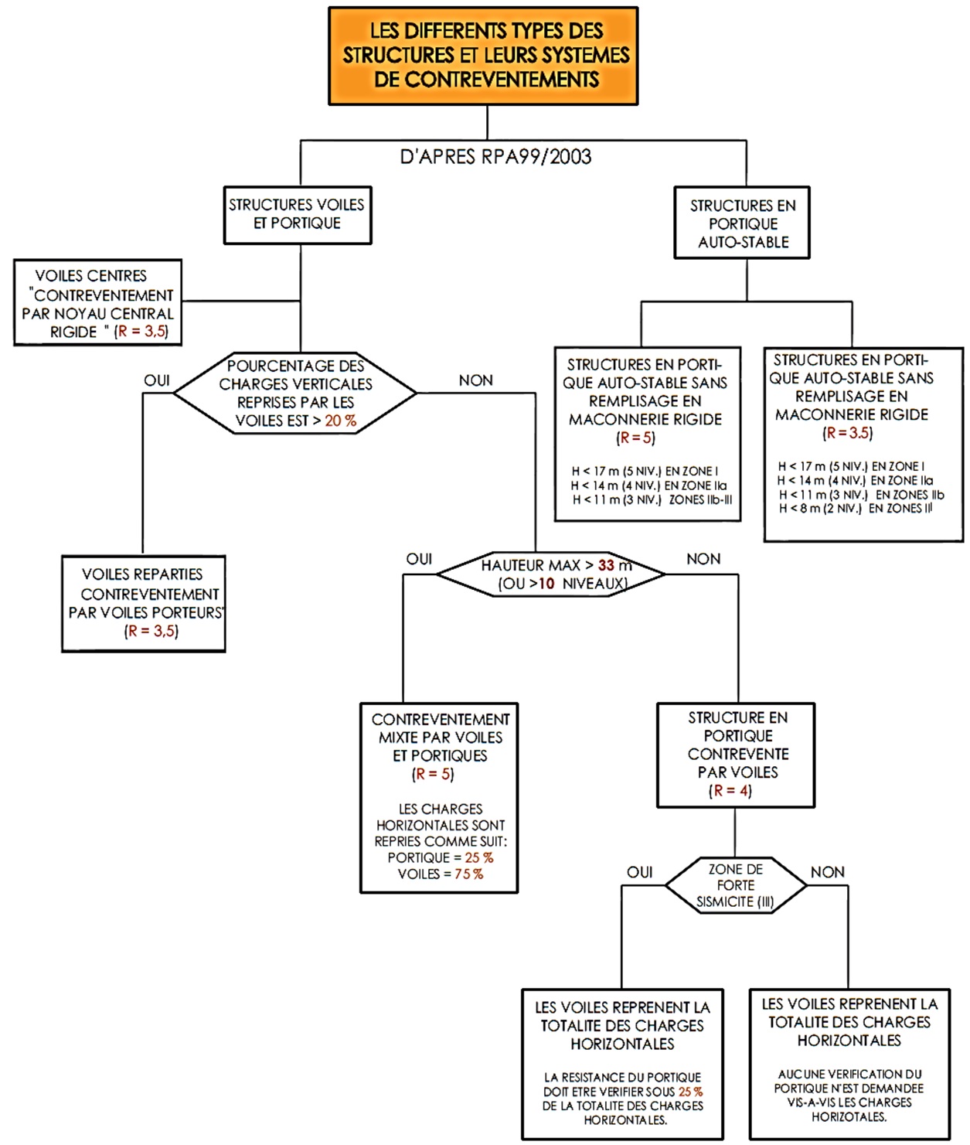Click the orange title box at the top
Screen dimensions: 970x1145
(x=483, y=56)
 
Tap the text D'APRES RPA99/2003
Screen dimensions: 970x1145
(x=495, y=157)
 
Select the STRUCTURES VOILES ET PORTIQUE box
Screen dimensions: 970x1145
(x=298, y=215)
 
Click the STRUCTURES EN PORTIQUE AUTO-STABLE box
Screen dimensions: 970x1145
(x=742, y=222)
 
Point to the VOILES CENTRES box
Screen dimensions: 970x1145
(x=98, y=302)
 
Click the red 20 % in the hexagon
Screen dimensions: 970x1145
(x=341, y=421)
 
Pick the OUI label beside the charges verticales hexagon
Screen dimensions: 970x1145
(x=157, y=380)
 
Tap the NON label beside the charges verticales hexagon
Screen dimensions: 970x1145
(x=475, y=380)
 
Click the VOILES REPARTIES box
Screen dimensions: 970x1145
(x=144, y=603)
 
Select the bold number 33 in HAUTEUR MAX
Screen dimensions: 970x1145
(x=606, y=565)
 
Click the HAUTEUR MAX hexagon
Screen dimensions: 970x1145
(x=551, y=574)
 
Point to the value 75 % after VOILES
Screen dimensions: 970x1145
(x=469, y=874)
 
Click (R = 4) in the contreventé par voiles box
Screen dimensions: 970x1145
(x=730, y=790)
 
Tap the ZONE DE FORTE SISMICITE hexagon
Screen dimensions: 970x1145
(x=735, y=885)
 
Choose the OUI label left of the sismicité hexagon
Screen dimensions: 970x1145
(x=639, y=872)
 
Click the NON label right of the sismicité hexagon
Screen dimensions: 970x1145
(x=828, y=872)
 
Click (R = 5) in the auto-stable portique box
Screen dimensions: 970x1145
(x=635, y=438)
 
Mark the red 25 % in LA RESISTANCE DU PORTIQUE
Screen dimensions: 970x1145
(x=690, y=1092)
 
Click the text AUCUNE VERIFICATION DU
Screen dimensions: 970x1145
(x=850, y=1074)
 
